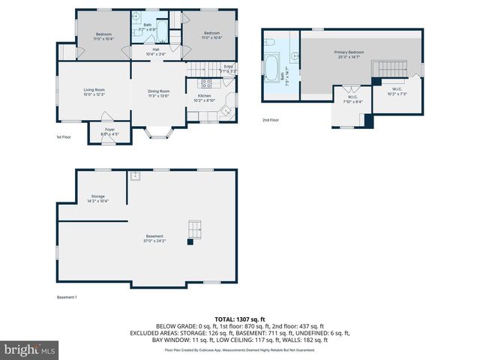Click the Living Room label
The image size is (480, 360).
(x=94, y=91)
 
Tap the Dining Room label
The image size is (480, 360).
(x=158, y=93)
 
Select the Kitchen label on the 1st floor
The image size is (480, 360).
(x=205, y=97)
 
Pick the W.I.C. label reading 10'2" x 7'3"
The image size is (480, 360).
(x=397, y=92)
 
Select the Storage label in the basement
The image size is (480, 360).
(x=98, y=198)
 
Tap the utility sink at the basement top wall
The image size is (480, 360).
(x=135, y=176)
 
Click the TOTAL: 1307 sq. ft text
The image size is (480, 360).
(x=240, y=319)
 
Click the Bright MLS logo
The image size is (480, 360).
(x=30, y=349)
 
